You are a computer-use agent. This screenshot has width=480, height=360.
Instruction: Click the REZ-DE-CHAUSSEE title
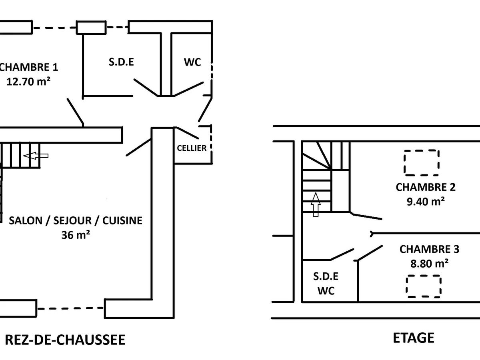click(65, 340)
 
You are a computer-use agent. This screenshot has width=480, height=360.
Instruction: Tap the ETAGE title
click(414, 338)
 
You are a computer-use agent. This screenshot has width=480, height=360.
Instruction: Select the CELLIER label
click(192, 148)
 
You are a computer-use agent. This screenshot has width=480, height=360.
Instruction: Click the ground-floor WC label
click(192, 62)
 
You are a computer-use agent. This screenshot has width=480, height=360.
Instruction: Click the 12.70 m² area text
click(29, 82)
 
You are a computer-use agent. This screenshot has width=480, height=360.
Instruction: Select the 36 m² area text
click(76, 235)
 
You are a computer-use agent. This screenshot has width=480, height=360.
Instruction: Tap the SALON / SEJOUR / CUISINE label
click(76, 220)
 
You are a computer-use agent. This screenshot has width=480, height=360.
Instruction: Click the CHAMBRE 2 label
click(426, 187)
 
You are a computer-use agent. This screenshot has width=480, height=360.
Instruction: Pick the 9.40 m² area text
click(426, 201)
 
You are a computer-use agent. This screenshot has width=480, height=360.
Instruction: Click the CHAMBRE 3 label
click(430, 249)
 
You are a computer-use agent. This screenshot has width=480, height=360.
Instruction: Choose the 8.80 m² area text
click(430, 264)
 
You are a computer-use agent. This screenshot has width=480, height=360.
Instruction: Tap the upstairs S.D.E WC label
click(326, 283)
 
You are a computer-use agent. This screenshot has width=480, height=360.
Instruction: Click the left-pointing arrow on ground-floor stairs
click(36, 156)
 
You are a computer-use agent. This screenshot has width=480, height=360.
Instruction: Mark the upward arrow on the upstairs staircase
click(316, 204)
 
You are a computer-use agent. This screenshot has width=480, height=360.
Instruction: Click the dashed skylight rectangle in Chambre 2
click(422, 163)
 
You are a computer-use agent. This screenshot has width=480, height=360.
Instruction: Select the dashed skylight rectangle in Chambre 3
click(424, 286)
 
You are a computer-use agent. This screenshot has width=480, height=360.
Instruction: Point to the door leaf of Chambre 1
click(75, 111)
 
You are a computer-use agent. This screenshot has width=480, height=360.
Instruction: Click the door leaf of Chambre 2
click(366, 216)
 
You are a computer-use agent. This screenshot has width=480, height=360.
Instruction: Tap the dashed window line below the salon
click(70, 308)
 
